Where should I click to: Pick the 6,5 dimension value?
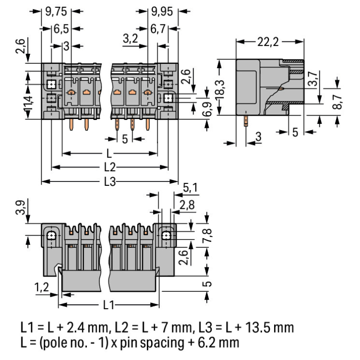tap(61, 29)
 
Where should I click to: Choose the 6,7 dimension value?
tap(158, 29)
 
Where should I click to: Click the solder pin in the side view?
tap(245, 119)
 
